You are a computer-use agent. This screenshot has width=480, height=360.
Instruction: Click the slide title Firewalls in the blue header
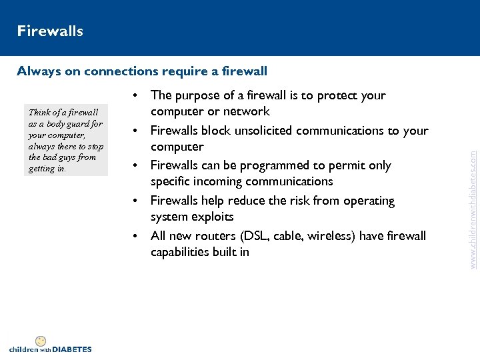(x=50, y=31)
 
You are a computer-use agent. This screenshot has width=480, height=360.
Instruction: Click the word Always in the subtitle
(x=39, y=71)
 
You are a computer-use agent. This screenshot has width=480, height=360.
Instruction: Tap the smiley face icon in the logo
(x=41, y=341)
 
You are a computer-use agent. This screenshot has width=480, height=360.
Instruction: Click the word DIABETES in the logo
(x=71, y=349)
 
